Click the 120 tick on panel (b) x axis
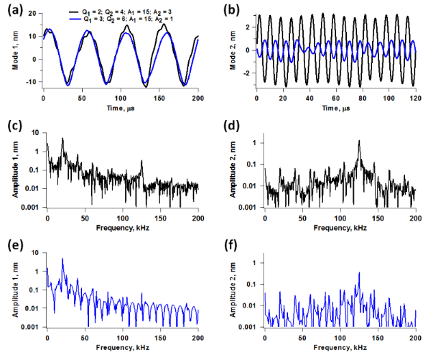click(x=415, y=99)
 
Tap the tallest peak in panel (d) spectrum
click(x=358, y=142)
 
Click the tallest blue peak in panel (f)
click(x=358, y=273)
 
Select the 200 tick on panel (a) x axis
click(x=197, y=99)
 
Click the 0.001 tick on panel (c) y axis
click(x=31, y=208)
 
